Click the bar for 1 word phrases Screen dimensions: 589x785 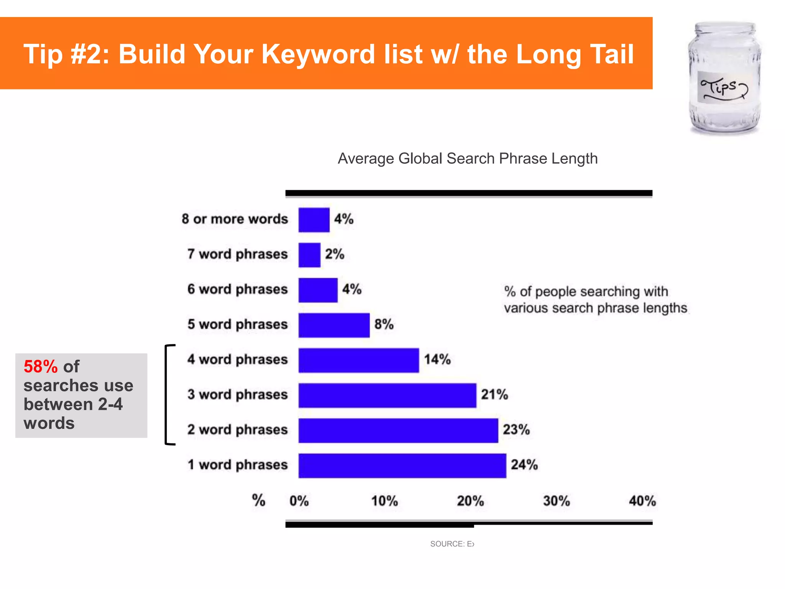(402, 466)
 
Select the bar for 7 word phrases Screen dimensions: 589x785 (309, 255)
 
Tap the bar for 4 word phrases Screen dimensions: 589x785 (358, 360)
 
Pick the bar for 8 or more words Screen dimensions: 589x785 (314, 220)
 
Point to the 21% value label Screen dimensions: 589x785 (494, 395)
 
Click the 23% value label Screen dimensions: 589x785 (516, 429)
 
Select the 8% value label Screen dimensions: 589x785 (384, 324)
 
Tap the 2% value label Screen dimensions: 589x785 (335, 254)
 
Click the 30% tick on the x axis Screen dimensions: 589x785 (556, 501)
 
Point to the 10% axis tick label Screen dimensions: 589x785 (384, 501)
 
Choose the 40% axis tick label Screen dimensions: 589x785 (642, 501)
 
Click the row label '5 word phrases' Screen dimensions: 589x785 (237, 324)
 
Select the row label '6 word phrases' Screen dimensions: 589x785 (237, 290)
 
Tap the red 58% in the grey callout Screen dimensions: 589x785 (40, 367)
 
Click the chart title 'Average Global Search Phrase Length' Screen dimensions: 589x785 (468, 158)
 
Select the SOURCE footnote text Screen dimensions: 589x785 (452, 544)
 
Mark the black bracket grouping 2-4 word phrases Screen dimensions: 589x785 (167, 395)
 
